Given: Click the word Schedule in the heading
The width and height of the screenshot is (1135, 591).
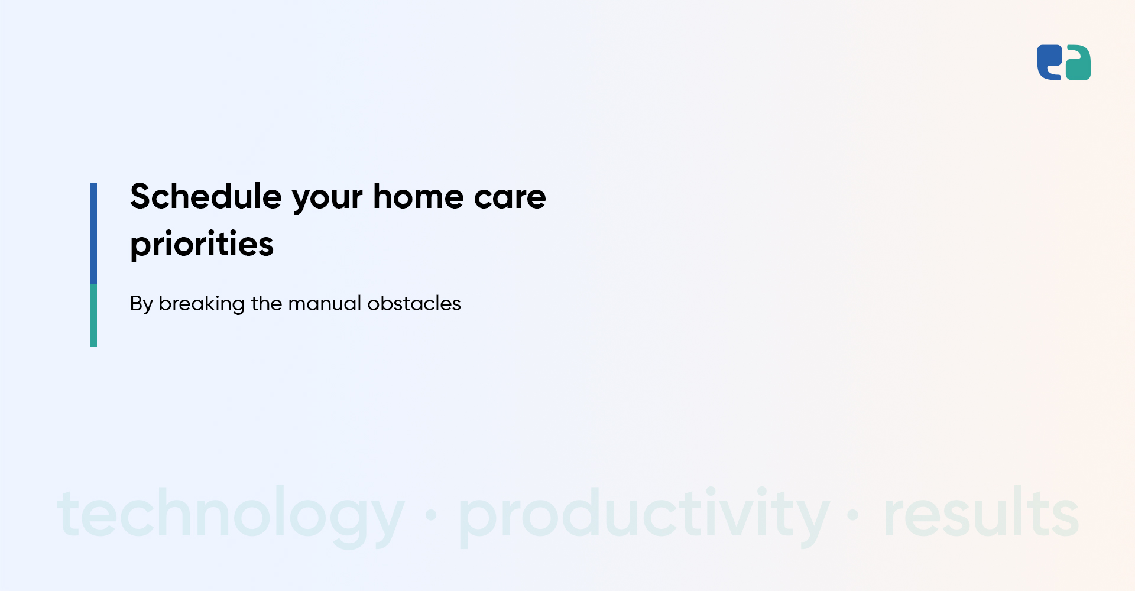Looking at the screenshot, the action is (206, 196).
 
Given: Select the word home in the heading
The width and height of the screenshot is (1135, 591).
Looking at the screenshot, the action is (419, 196).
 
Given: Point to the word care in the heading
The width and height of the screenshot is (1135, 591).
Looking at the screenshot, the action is (510, 200).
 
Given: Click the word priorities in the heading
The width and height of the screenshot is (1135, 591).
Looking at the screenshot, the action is (202, 245).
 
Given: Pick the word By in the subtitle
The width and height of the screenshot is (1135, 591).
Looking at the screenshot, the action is (141, 304).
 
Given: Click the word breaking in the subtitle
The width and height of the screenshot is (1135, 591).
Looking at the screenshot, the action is (202, 304).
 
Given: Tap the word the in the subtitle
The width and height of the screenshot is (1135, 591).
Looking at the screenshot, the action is (267, 303).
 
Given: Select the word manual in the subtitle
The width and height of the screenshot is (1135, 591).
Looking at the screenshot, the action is (325, 303).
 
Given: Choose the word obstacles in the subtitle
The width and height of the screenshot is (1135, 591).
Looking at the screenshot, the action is (414, 303).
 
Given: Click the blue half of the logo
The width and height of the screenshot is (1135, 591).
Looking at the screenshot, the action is (1050, 62).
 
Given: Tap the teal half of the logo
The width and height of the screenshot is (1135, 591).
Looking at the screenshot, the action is (1078, 62).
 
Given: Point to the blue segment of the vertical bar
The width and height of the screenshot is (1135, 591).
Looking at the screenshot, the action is (93, 233).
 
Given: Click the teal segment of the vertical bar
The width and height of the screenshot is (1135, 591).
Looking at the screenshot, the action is (93, 316).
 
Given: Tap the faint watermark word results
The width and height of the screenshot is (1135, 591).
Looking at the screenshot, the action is (981, 512).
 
